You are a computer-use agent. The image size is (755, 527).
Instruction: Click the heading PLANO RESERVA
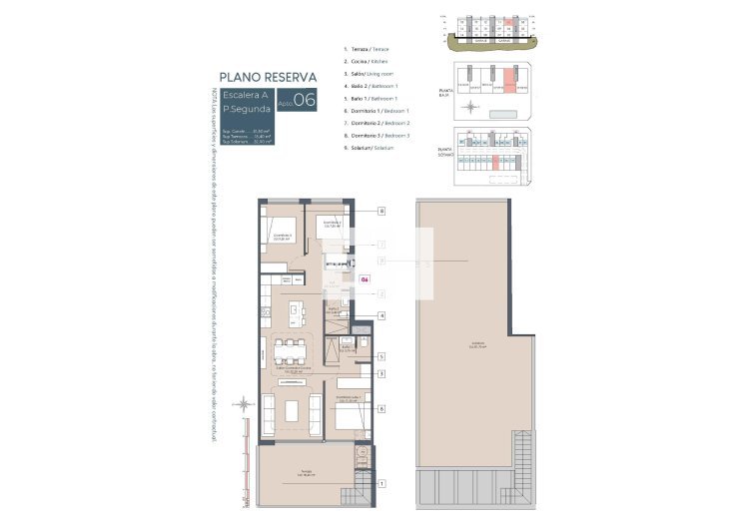click(x=268, y=77)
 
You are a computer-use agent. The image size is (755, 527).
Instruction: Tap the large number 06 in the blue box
click(x=305, y=100)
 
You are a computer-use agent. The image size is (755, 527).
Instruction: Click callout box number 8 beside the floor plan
click(x=381, y=212)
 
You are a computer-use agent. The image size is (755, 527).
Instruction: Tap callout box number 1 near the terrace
click(x=381, y=484)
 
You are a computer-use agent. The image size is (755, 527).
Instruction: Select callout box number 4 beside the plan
click(x=381, y=316)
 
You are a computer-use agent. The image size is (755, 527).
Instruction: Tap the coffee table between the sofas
click(x=292, y=410)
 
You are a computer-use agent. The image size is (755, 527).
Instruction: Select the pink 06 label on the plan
click(x=365, y=280)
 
